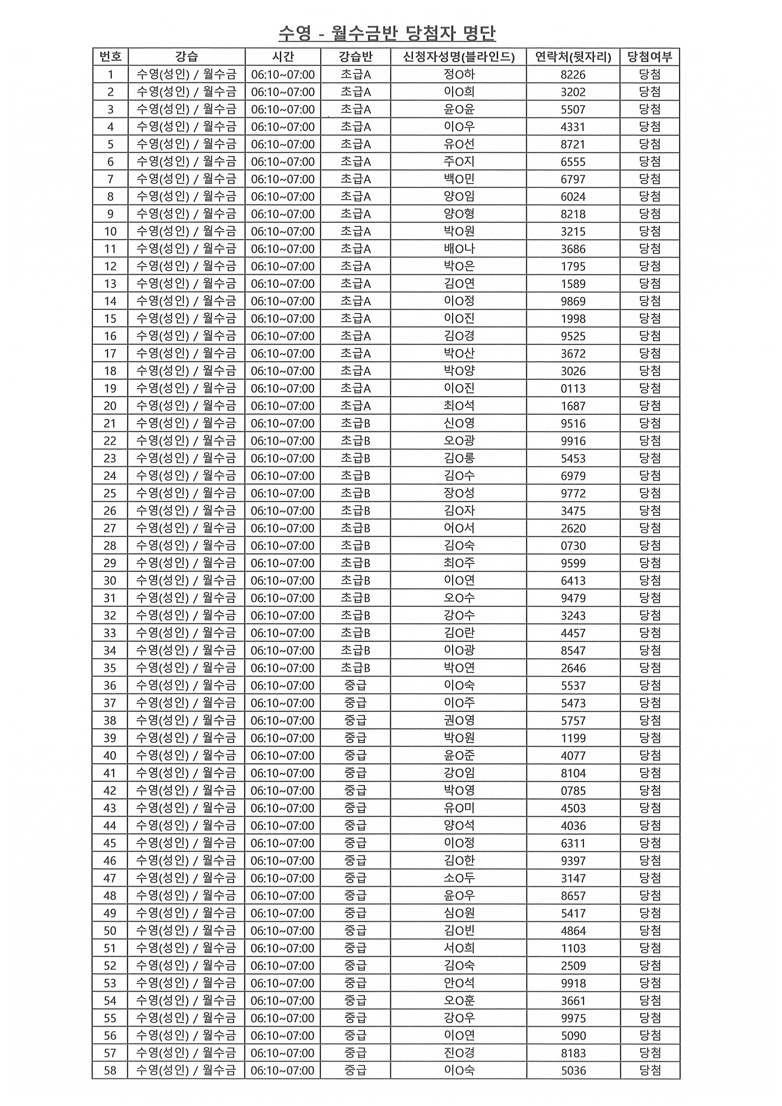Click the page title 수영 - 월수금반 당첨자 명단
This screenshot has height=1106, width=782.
(387, 33)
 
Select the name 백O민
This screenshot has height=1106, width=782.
(459, 179)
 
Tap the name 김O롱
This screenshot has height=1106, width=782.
(459, 458)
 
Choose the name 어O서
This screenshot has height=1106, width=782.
(459, 528)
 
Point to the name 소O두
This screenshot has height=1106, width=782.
(459, 878)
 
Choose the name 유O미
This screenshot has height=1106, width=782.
(459, 808)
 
